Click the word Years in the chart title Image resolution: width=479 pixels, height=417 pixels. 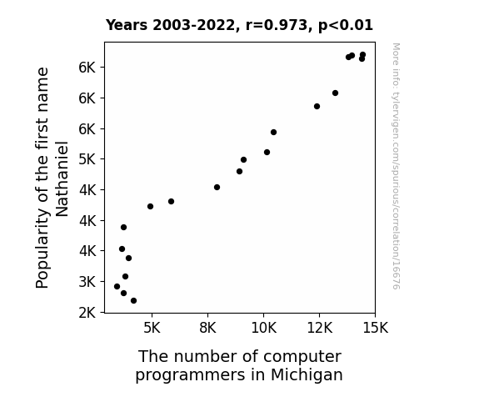(x=127, y=25)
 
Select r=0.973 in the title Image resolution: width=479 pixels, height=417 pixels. (x=279, y=25)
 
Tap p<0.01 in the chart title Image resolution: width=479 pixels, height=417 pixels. (x=346, y=26)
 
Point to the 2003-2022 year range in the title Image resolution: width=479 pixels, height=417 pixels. (x=197, y=25)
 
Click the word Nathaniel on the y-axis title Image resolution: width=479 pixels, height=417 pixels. (x=62, y=178)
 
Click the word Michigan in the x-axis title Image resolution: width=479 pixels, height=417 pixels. (x=307, y=375)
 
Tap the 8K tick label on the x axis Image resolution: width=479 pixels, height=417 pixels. (x=207, y=328)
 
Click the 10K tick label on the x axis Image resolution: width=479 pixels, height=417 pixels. (x=263, y=328)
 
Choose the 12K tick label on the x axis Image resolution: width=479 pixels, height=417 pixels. (x=320, y=328)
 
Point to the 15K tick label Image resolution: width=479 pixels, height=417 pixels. (x=376, y=328)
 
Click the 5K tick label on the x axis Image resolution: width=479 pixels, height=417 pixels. (x=152, y=328)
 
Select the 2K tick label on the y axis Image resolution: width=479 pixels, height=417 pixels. (x=87, y=313)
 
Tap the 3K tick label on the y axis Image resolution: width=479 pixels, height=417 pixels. (x=87, y=282)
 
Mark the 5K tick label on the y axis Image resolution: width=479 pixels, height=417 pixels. (x=87, y=159)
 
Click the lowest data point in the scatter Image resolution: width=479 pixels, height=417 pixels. (x=133, y=301)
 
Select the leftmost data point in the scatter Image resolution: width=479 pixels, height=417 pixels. (x=117, y=287)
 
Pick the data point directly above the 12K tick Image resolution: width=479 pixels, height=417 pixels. (x=317, y=107)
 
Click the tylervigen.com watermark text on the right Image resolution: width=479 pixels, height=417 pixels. (x=396, y=166)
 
